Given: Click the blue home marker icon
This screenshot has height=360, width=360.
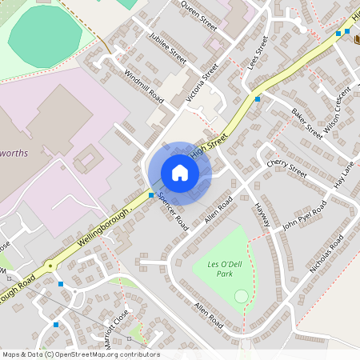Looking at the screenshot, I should [180, 173].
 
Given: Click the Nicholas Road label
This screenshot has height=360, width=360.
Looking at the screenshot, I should [326, 254].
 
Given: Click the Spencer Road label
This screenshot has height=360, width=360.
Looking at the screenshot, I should [172, 209].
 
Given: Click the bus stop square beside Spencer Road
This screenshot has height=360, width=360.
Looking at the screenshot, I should [151, 195].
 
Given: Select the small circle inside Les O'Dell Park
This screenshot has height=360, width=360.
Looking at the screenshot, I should [241, 297].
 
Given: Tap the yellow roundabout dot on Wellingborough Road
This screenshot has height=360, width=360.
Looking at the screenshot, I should [50, 265].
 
